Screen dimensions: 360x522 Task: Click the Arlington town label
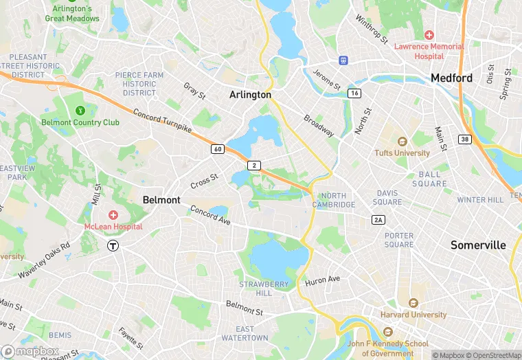click(x=250, y=95)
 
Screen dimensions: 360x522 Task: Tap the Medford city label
click(x=451, y=78)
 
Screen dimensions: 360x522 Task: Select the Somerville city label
click(x=478, y=245)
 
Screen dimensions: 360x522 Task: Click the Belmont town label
click(x=161, y=199)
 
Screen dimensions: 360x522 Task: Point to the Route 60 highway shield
click(x=217, y=149)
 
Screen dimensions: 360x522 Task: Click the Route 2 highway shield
click(x=255, y=166)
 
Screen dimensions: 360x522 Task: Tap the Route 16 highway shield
click(x=354, y=93)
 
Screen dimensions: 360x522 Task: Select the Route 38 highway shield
click(x=465, y=139)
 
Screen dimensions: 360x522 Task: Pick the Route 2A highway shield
click(x=378, y=219)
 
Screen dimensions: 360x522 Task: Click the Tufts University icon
click(x=402, y=142)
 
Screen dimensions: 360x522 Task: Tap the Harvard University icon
click(x=413, y=303)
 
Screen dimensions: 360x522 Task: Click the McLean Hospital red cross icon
click(x=113, y=215)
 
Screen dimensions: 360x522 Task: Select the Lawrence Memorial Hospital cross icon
click(x=429, y=34)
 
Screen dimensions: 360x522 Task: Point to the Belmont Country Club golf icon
click(x=80, y=110)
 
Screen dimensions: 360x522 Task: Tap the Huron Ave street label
click(x=322, y=280)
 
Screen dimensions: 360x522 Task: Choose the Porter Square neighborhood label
click(x=399, y=240)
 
